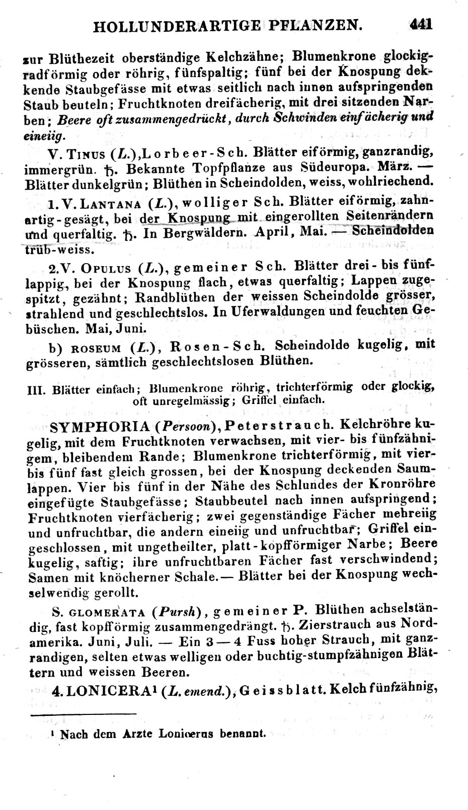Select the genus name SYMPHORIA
(x=100, y=427)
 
